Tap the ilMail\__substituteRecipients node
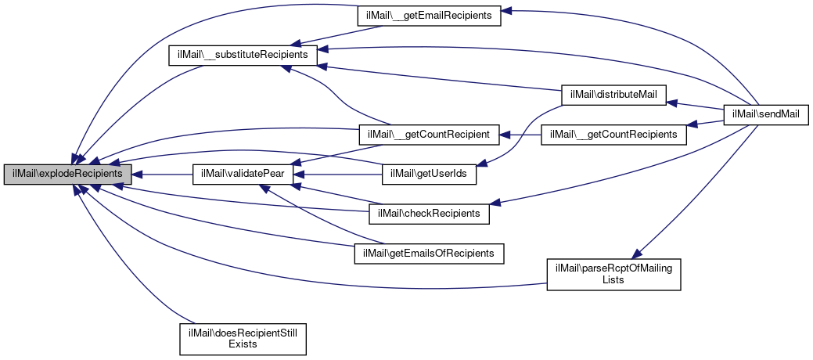tap(243, 56)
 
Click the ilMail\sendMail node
tap(765, 115)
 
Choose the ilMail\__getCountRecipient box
tap(428, 135)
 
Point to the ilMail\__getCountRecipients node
tap(614, 135)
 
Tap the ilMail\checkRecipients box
tap(429, 214)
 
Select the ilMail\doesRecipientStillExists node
tap(242, 337)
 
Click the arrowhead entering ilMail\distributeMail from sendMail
tap(671, 102)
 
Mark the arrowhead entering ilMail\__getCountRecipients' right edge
tap(691, 124)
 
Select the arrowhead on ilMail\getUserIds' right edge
tap(482, 164)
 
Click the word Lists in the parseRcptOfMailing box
tap(613, 279)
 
